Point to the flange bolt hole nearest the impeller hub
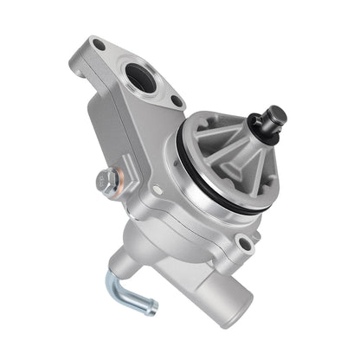tap(177, 101)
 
